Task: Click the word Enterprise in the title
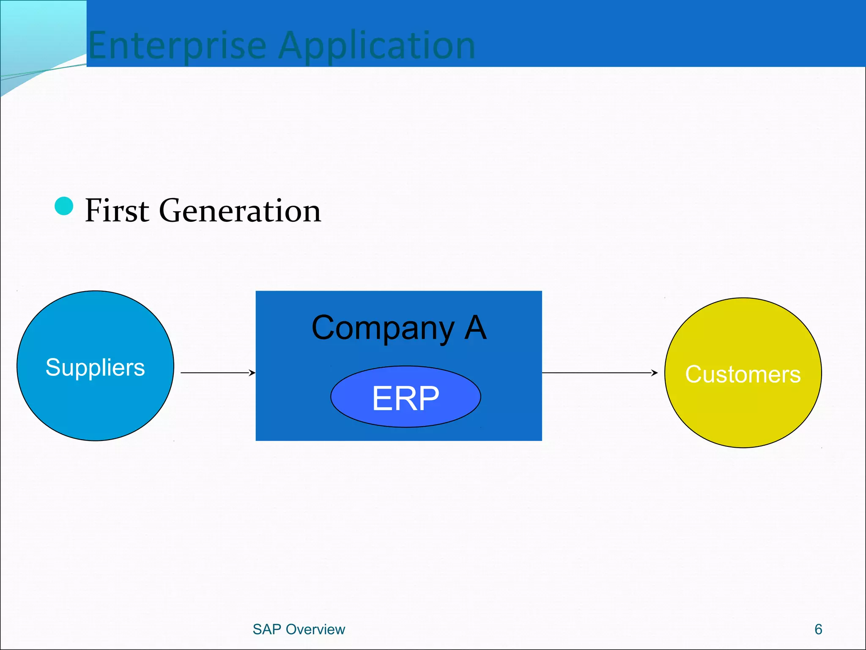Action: [x=177, y=46]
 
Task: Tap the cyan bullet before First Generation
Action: [x=64, y=206]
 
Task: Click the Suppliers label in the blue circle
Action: [x=95, y=367]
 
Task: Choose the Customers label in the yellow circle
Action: [x=743, y=374]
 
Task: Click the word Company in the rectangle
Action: [x=383, y=328]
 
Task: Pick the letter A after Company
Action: [x=475, y=328]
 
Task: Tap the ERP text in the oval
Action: [x=406, y=398]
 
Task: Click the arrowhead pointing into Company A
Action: [x=252, y=373]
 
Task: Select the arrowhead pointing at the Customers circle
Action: [x=655, y=373]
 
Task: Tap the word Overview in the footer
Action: [x=315, y=629]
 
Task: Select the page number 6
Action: [x=818, y=629]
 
